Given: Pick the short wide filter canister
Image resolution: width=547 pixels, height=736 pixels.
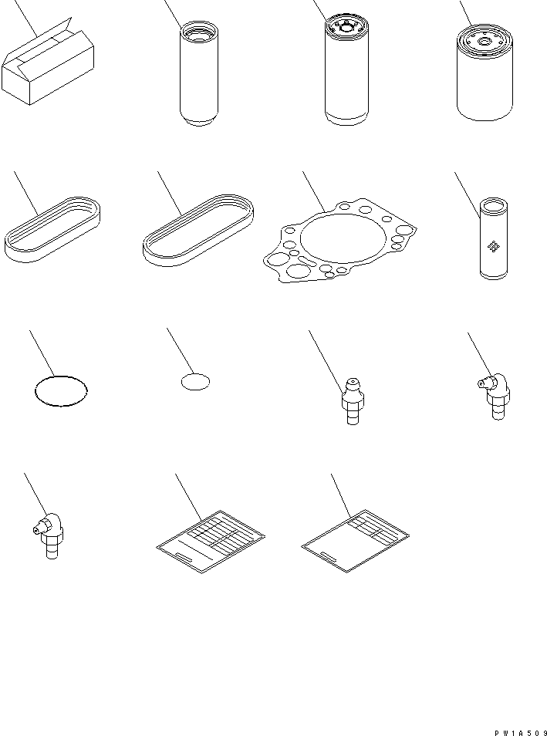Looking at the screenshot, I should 485,77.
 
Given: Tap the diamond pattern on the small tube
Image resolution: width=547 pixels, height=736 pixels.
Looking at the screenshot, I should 491,245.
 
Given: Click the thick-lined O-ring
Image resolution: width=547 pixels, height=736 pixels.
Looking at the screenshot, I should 61,390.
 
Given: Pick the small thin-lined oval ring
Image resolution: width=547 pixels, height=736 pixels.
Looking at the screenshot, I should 196,381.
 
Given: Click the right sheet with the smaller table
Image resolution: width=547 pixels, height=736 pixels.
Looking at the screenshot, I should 354,543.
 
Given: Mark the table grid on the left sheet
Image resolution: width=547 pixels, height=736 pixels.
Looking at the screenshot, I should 224,532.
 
